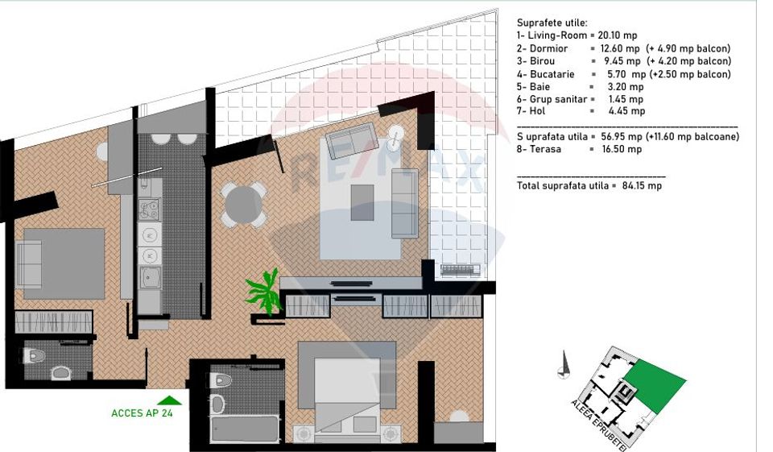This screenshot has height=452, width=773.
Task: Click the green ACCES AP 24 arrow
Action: click(x=169, y=400)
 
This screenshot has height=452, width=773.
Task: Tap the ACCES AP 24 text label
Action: click(x=142, y=413)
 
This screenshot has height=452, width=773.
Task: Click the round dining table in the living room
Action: click(x=244, y=204)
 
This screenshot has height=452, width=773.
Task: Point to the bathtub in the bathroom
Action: click(x=245, y=428)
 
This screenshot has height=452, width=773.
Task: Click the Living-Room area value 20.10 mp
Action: click(x=618, y=35)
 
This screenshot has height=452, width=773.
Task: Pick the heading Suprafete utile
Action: click(x=552, y=23)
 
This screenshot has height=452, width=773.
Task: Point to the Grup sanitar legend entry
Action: click(x=556, y=99)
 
